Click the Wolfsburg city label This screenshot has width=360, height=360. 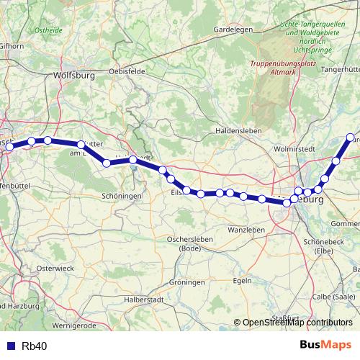[74, 74]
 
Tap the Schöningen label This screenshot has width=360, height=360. [120, 195]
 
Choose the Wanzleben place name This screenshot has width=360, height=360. [246, 229]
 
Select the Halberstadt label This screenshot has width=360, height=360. [145, 299]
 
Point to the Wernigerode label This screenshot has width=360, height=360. [94, 325]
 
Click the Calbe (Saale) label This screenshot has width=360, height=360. [334, 297]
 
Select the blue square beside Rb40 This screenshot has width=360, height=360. [10, 346]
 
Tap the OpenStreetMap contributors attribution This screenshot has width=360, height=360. [297, 323]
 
